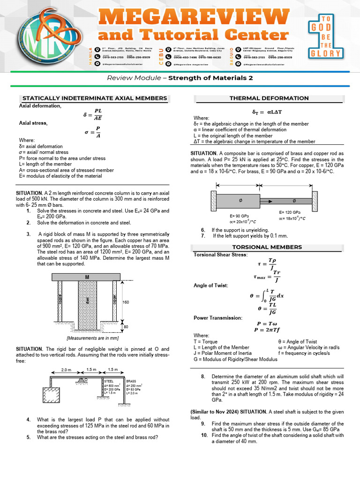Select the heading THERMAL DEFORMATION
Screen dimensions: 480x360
pos(269,98)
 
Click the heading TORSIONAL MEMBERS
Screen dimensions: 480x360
pos(269,247)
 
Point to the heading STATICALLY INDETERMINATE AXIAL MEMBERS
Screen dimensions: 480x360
pos(95,98)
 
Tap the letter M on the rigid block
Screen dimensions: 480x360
pos(87,277)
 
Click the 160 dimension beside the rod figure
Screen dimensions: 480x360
pos(125,302)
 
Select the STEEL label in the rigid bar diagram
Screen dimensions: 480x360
pos(109,382)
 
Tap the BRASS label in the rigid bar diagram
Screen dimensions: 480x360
pos(131,382)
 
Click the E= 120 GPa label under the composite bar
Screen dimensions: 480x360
pos(289,212)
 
